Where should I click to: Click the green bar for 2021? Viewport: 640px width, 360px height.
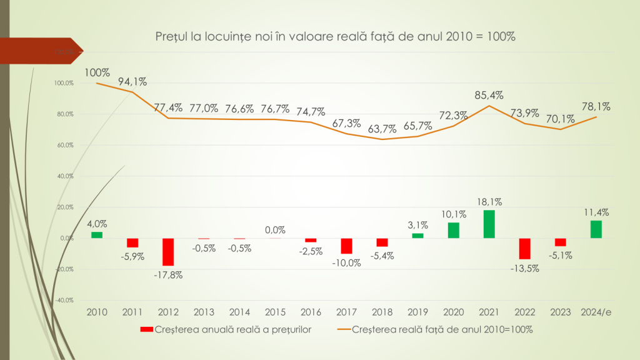489,224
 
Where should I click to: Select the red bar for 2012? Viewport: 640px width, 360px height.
167,252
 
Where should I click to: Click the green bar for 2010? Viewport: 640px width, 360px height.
97,235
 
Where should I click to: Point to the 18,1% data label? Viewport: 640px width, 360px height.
489,202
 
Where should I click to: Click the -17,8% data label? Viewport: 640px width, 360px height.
167,275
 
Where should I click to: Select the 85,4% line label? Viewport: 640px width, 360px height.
489,95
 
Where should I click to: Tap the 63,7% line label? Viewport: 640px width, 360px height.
382,129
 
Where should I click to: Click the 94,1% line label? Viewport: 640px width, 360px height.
132,81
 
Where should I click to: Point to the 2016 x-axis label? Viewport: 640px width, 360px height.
311,312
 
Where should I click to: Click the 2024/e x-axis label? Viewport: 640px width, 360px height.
595,312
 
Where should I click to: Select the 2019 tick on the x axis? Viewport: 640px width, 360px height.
417,312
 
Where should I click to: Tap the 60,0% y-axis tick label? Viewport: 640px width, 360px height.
65,145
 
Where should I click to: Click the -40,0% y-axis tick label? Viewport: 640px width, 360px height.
64,300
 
